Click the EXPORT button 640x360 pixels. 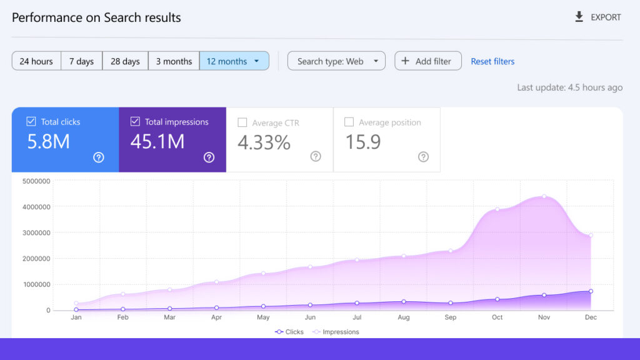coord(597,17)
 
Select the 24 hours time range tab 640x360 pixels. coord(36,61)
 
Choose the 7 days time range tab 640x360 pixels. coord(82,61)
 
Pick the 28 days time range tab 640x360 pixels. coord(125,61)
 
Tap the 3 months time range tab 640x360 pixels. coord(174,61)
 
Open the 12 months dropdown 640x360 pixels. coord(234,61)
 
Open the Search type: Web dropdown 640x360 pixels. coord(336,61)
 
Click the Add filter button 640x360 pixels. coord(427,61)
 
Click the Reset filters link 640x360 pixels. coord(492,61)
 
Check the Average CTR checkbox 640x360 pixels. coord(242,122)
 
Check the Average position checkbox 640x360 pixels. coord(349,122)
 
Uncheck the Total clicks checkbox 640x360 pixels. coord(31,122)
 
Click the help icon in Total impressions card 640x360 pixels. coord(209,157)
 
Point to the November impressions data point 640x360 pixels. coord(544,196)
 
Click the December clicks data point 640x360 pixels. coord(591,291)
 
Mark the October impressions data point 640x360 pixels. coord(497,209)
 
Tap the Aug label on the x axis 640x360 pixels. coord(404,317)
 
